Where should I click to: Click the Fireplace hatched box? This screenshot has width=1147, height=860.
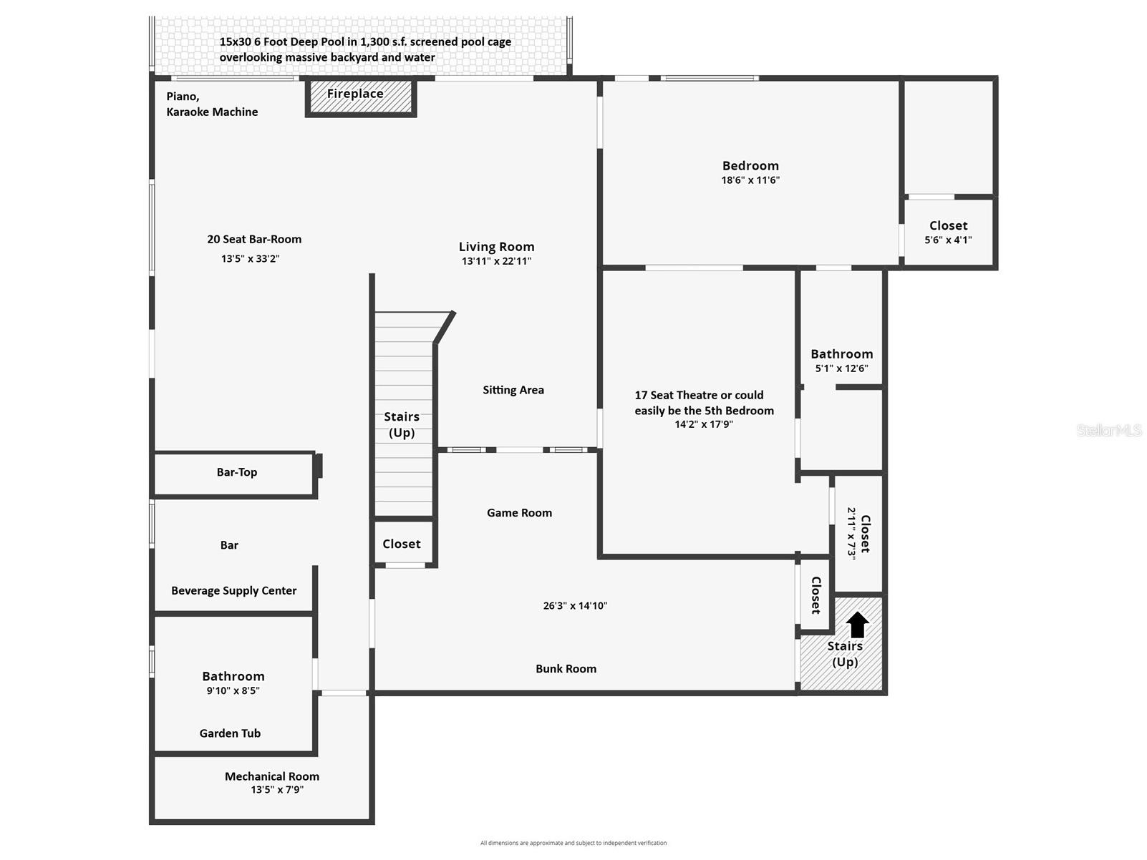pos(361,97)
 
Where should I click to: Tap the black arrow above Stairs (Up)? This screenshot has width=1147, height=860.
pos(857,625)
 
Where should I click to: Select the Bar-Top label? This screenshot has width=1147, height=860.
pos(237,472)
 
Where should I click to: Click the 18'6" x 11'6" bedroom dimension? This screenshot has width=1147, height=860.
pos(750,180)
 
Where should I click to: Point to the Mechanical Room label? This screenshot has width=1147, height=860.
pos(272,776)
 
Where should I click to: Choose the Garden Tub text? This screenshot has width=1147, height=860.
pos(230,733)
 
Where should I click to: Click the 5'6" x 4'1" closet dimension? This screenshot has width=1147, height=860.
pos(948,240)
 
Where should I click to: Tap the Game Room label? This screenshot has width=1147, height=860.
pos(519,513)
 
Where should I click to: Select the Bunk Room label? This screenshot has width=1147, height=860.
pos(566,669)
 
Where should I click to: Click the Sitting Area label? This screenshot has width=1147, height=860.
pos(513,390)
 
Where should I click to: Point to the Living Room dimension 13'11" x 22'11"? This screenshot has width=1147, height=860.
pos(496,261)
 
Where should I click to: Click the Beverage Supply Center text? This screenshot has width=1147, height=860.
pos(233,590)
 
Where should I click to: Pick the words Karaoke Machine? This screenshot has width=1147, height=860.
pos(212,112)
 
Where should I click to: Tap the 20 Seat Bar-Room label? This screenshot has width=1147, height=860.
pos(254,239)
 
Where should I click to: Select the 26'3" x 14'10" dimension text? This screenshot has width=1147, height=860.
pos(575,605)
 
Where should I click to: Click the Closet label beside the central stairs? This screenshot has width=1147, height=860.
pos(402,544)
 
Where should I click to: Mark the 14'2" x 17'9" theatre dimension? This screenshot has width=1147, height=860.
pos(704,424)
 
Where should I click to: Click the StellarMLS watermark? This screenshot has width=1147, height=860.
pos(1109,430)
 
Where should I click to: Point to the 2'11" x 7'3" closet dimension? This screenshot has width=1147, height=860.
pos(852,533)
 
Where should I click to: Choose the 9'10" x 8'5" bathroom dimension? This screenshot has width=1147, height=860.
pos(233,690)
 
